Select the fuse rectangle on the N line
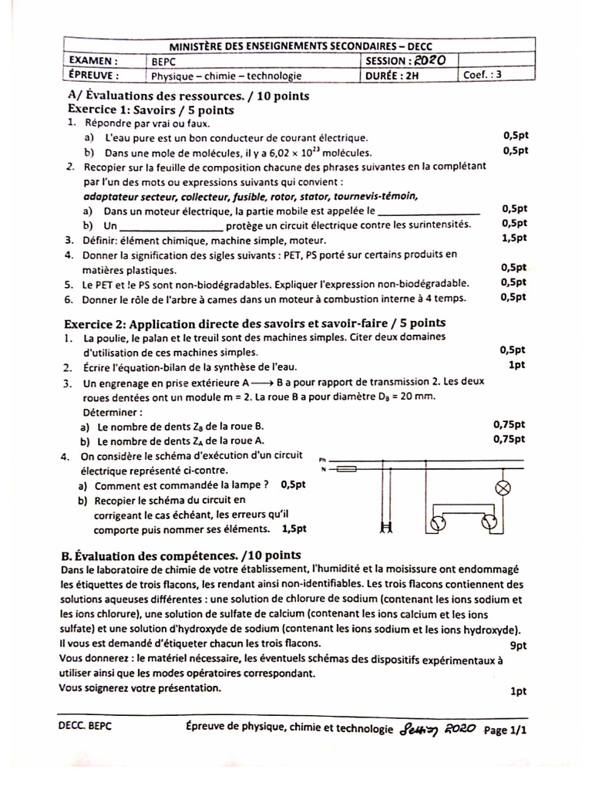tap(347, 468)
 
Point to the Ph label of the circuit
tap(323, 458)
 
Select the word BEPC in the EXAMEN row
tap(163, 61)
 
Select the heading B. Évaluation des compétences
tap(180, 555)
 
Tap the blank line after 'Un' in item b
tap(172, 225)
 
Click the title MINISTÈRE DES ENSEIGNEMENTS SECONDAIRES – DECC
tap(299, 46)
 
